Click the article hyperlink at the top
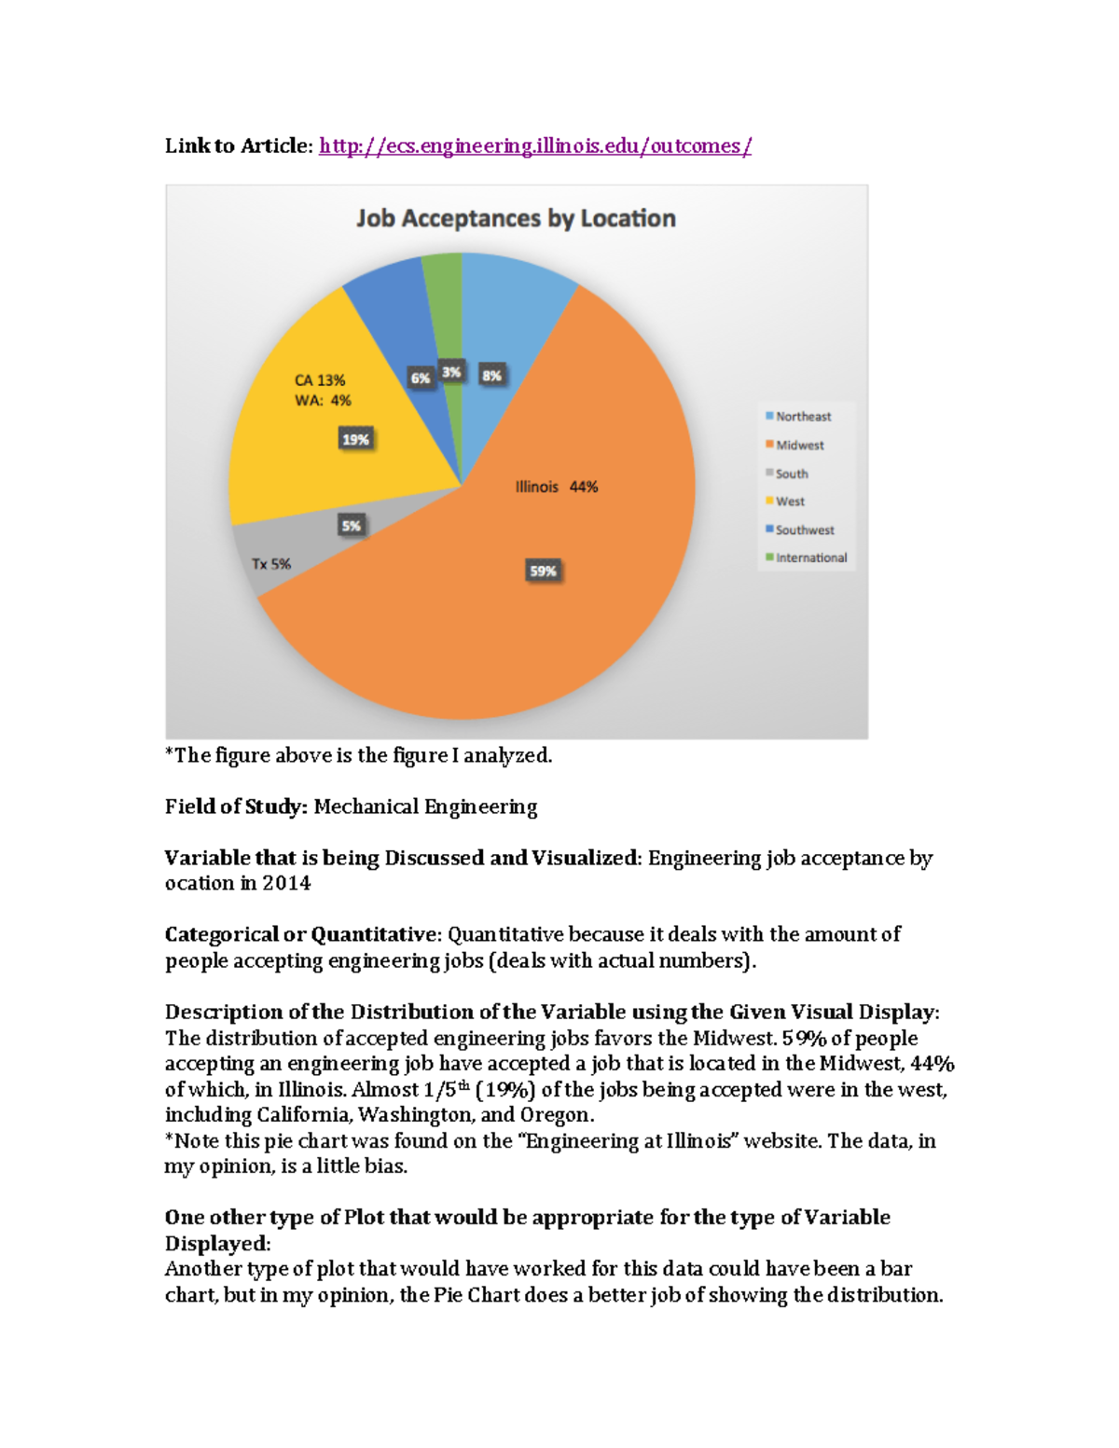(x=534, y=146)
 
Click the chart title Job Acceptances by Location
(x=516, y=218)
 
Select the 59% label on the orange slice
(x=543, y=572)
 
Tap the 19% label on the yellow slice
(x=355, y=439)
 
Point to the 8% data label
(x=491, y=376)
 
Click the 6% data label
(x=421, y=378)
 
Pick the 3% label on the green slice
(x=451, y=372)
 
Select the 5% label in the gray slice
(x=351, y=526)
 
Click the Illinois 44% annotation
(x=557, y=487)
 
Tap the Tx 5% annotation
(x=270, y=564)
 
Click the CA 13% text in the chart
(x=320, y=380)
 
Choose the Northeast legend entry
(x=802, y=417)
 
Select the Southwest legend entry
(x=804, y=530)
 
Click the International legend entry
(x=810, y=558)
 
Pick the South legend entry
(x=791, y=474)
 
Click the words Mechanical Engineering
(x=425, y=807)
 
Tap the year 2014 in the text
(x=286, y=884)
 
